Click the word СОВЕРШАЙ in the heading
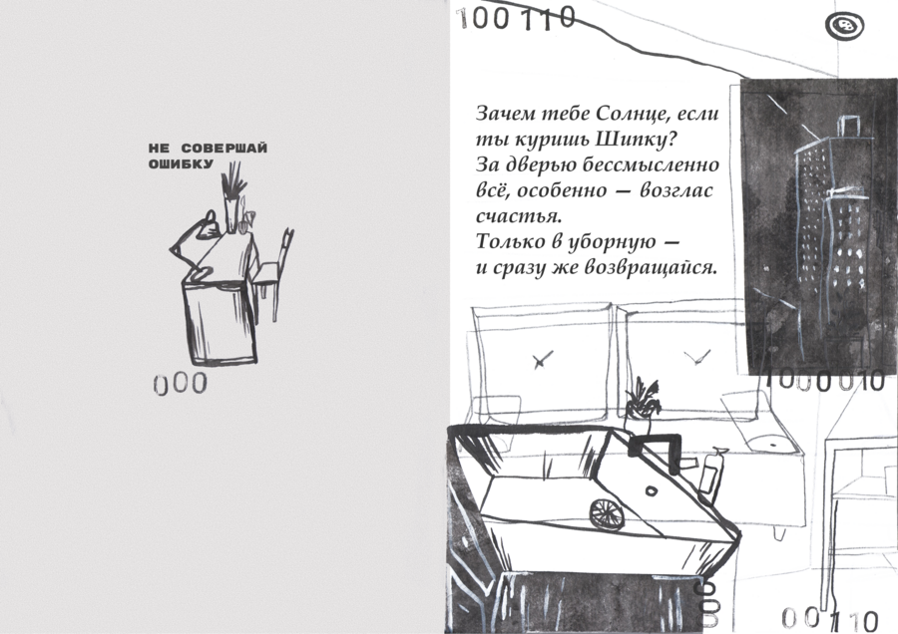(224, 149)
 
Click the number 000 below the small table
(181, 384)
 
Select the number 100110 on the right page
(516, 18)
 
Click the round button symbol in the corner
(845, 25)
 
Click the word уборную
(612, 242)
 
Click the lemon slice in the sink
(607, 513)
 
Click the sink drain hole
(652, 490)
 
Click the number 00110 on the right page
(830, 620)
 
